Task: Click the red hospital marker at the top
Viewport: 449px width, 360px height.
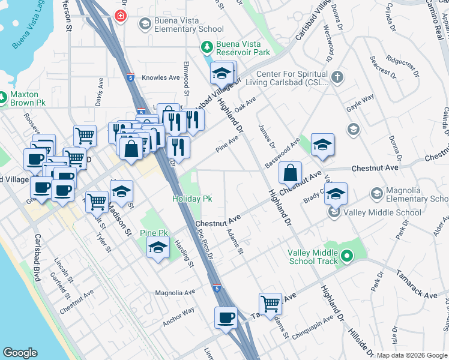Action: pyautogui.click(x=122, y=15)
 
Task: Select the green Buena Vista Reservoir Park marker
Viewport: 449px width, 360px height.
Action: pyautogui.click(x=207, y=46)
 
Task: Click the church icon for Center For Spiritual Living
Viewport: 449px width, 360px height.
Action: pyautogui.click(x=337, y=77)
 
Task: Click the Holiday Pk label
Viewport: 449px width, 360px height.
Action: pyautogui.click(x=191, y=199)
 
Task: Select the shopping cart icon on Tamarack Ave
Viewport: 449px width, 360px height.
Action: pyautogui.click(x=270, y=304)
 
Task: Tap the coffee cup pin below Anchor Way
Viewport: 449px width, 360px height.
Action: pyautogui.click(x=226, y=317)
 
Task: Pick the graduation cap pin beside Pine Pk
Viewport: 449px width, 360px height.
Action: pyautogui.click(x=158, y=248)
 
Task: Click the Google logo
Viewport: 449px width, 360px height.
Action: pyautogui.click(x=20, y=353)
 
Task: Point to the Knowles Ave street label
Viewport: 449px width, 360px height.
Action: pyautogui.click(x=161, y=77)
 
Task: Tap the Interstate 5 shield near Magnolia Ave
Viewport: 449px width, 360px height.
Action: pyautogui.click(x=216, y=288)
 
